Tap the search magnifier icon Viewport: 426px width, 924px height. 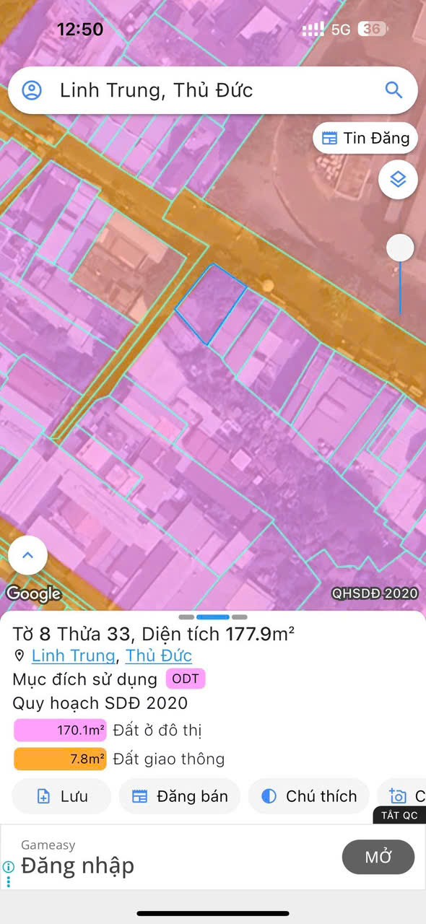(394, 90)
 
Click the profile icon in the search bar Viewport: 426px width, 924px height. (32, 90)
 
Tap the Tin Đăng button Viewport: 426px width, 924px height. (365, 138)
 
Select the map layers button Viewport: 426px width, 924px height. (398, 179)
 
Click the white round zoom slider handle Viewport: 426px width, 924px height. (400, 248)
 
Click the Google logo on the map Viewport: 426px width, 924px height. (33, 593)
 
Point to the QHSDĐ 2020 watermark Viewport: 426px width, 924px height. (375, 593)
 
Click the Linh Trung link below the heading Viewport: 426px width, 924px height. (73, 655)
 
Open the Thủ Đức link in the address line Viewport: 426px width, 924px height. (159, 655)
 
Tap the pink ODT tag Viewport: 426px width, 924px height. (186, 679)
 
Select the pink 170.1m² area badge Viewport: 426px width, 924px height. (60, 731)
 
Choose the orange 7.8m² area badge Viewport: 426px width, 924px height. (60, 759)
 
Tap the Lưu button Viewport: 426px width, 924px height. (61, 796)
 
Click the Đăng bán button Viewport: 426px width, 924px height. (180, 796)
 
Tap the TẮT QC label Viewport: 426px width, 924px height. (399, 815)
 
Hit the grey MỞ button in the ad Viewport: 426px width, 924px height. (378, 857)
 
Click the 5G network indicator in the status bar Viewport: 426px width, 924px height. (341, 30)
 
